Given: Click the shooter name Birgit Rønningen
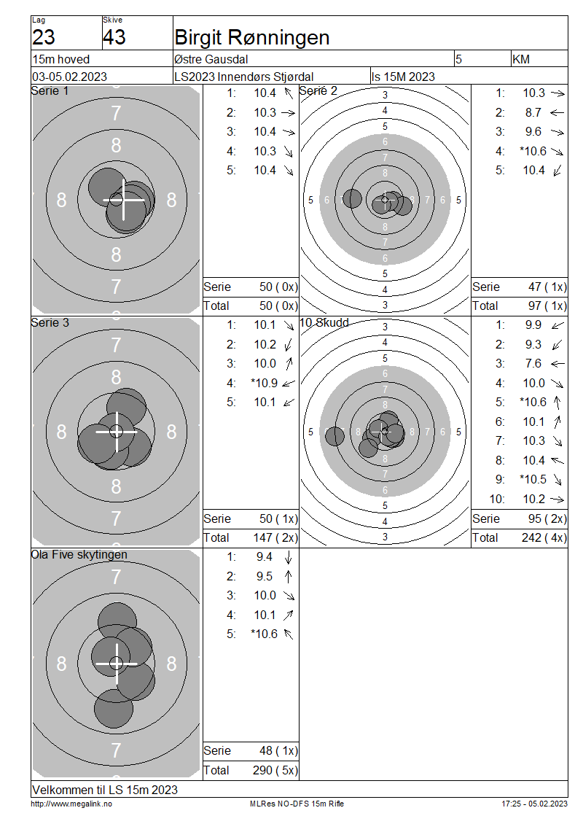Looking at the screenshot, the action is [x=252, y=38].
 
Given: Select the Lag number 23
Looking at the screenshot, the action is [x=44, y=37].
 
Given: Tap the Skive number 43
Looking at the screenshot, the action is [x=114, y=37].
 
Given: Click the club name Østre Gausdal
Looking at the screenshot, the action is [x=211, y=59].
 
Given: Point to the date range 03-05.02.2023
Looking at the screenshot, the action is [x=70, y=77].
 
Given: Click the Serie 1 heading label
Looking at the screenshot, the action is [x=50, y=91].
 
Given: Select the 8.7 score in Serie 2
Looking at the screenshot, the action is [x=533, y=112].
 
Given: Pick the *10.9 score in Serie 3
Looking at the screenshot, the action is [x=265, y=383].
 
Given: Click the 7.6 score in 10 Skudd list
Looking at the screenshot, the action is [x=533, y=364].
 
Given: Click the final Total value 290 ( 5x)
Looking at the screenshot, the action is [x=275, y=770].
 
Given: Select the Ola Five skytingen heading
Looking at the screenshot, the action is [x=79, y=555].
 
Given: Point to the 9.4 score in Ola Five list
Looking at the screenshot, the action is [x=265, y=557].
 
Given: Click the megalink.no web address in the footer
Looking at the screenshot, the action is [x=71, y=804].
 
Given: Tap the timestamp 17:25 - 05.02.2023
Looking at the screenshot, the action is [x=535, y=804].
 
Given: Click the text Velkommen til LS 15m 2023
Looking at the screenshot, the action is [x=105, y=790].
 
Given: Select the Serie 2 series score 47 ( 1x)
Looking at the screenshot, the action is [x=547, y=287].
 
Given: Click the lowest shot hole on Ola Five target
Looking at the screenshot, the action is [x=114, y=708].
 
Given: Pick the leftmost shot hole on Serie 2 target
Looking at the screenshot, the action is [x=352, y=198].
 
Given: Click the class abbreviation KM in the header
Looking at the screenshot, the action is [x=521, y=59].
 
